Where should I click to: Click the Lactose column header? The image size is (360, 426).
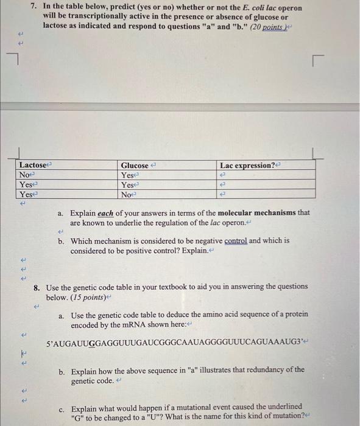33,166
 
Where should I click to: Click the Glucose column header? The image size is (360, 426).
135,166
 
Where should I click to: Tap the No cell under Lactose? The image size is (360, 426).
25,175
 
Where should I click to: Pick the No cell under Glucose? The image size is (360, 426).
127,194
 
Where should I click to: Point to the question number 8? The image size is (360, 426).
37,286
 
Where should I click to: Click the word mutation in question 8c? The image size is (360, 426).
281,416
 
